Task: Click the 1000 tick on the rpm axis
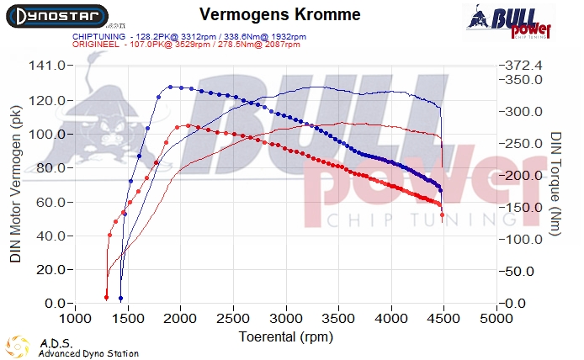coord(76,320)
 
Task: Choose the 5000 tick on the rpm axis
coord(496,320)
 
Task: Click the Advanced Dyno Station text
coord(88,353)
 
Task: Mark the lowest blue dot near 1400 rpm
coord(120,299)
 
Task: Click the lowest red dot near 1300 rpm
coord(107,297)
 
